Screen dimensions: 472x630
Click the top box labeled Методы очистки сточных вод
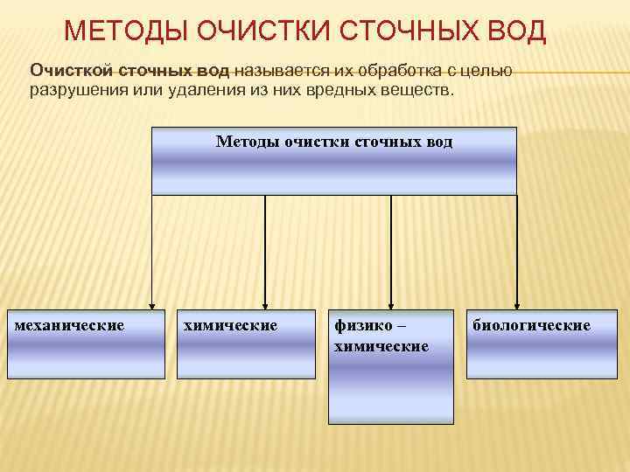click(334, 161)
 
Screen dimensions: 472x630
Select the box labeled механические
click(83, 344)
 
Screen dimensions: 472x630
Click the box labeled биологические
click(534, 344)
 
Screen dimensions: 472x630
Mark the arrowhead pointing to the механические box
click(153, 302)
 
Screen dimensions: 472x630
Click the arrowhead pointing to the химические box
click(264, 302)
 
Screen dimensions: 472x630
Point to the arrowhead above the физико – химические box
click(391, 302)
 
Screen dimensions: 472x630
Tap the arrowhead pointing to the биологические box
click(517, 302)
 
